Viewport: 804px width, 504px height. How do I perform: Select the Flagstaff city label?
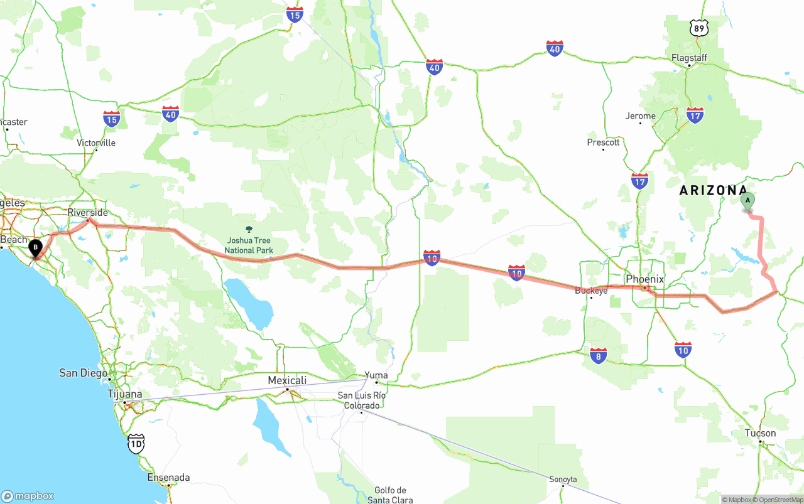(689, 58)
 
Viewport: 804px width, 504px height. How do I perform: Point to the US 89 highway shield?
(698, 28)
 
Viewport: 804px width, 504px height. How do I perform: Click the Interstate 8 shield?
(598, 356)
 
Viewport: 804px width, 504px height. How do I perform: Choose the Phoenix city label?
(645, 279)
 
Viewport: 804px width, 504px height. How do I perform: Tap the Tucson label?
(760, 433)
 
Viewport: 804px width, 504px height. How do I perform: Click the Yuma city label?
(376, 375)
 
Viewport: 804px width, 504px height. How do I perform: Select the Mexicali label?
(287, 380)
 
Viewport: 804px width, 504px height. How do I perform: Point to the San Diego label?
(83, 373)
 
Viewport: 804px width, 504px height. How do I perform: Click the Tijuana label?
(124, 394)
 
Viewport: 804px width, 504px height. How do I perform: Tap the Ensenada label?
(168, 478)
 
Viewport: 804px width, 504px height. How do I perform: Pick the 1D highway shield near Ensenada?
(136, 443)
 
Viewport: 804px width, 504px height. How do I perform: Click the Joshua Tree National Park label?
(249, 245)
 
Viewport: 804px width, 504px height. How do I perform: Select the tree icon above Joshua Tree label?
(249, 229)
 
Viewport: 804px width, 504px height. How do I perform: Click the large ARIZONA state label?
(713, 190)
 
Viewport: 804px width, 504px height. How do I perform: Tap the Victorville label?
(96, 142)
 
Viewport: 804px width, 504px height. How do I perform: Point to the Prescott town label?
(603, 142)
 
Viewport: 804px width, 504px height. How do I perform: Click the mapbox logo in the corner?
(28, 496)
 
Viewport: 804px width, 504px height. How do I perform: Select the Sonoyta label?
(563, 479)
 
